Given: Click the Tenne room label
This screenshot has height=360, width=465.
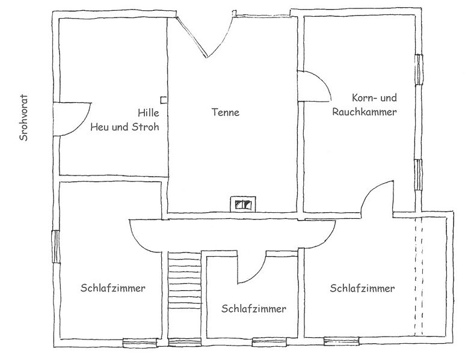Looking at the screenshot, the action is [226, 112].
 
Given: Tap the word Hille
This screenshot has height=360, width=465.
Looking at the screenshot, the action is [148, 112].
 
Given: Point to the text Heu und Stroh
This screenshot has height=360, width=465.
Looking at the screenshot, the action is [125, 127].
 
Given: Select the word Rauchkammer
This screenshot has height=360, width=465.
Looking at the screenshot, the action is [364, 112].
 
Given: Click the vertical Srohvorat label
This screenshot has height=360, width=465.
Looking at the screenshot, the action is [23, 118].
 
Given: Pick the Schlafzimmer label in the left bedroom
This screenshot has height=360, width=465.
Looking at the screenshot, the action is [112, 288].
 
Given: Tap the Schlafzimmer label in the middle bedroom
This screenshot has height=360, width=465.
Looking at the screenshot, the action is [254, 309].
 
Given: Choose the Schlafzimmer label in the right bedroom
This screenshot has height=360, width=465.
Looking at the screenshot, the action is [362, 288].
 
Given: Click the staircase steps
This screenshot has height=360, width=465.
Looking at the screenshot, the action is [185, 295].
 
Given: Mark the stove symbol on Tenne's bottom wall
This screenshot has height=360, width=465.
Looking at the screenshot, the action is [243, 204].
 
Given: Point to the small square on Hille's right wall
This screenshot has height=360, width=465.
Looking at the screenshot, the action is [164, 100].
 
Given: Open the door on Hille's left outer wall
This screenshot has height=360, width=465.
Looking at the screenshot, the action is [72, 119].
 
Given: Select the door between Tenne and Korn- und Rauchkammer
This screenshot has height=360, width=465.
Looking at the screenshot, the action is [314, 86].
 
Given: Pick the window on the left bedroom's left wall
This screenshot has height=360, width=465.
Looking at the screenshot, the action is [57, 246].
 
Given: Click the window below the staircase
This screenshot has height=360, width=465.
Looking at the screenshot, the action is [185, 343].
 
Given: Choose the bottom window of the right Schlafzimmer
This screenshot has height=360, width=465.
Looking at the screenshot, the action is [341, 341].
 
